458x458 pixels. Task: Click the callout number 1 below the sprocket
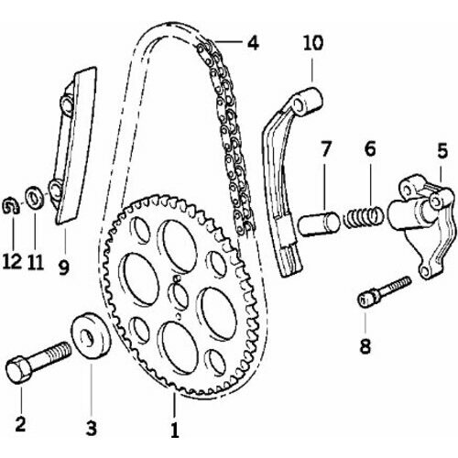coord(175,430)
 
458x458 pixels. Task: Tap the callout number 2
coord(20,423)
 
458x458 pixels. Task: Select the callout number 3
coord(92,428)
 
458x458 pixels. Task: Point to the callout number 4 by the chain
coord(253,43)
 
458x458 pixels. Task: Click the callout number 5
coord(442,150)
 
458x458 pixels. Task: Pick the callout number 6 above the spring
coord(370,149)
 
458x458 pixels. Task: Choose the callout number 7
coord(325,149)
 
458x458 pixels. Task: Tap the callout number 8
coord(365,346)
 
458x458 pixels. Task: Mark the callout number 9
coord(64,267)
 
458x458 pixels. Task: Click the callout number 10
coord(313,43)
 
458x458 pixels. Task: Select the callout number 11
coord(36,262)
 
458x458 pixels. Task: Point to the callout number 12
coord(12,262)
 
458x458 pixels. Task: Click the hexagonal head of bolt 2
coord(19,369)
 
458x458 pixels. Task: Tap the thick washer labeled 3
coord(91,335)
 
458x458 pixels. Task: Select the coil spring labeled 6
coord(363,216)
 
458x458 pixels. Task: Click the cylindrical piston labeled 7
coord(319,224)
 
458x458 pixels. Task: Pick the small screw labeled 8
coord(384,291)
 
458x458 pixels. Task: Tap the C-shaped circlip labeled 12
coord(10,206)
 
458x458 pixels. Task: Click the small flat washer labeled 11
coord(35,199)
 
